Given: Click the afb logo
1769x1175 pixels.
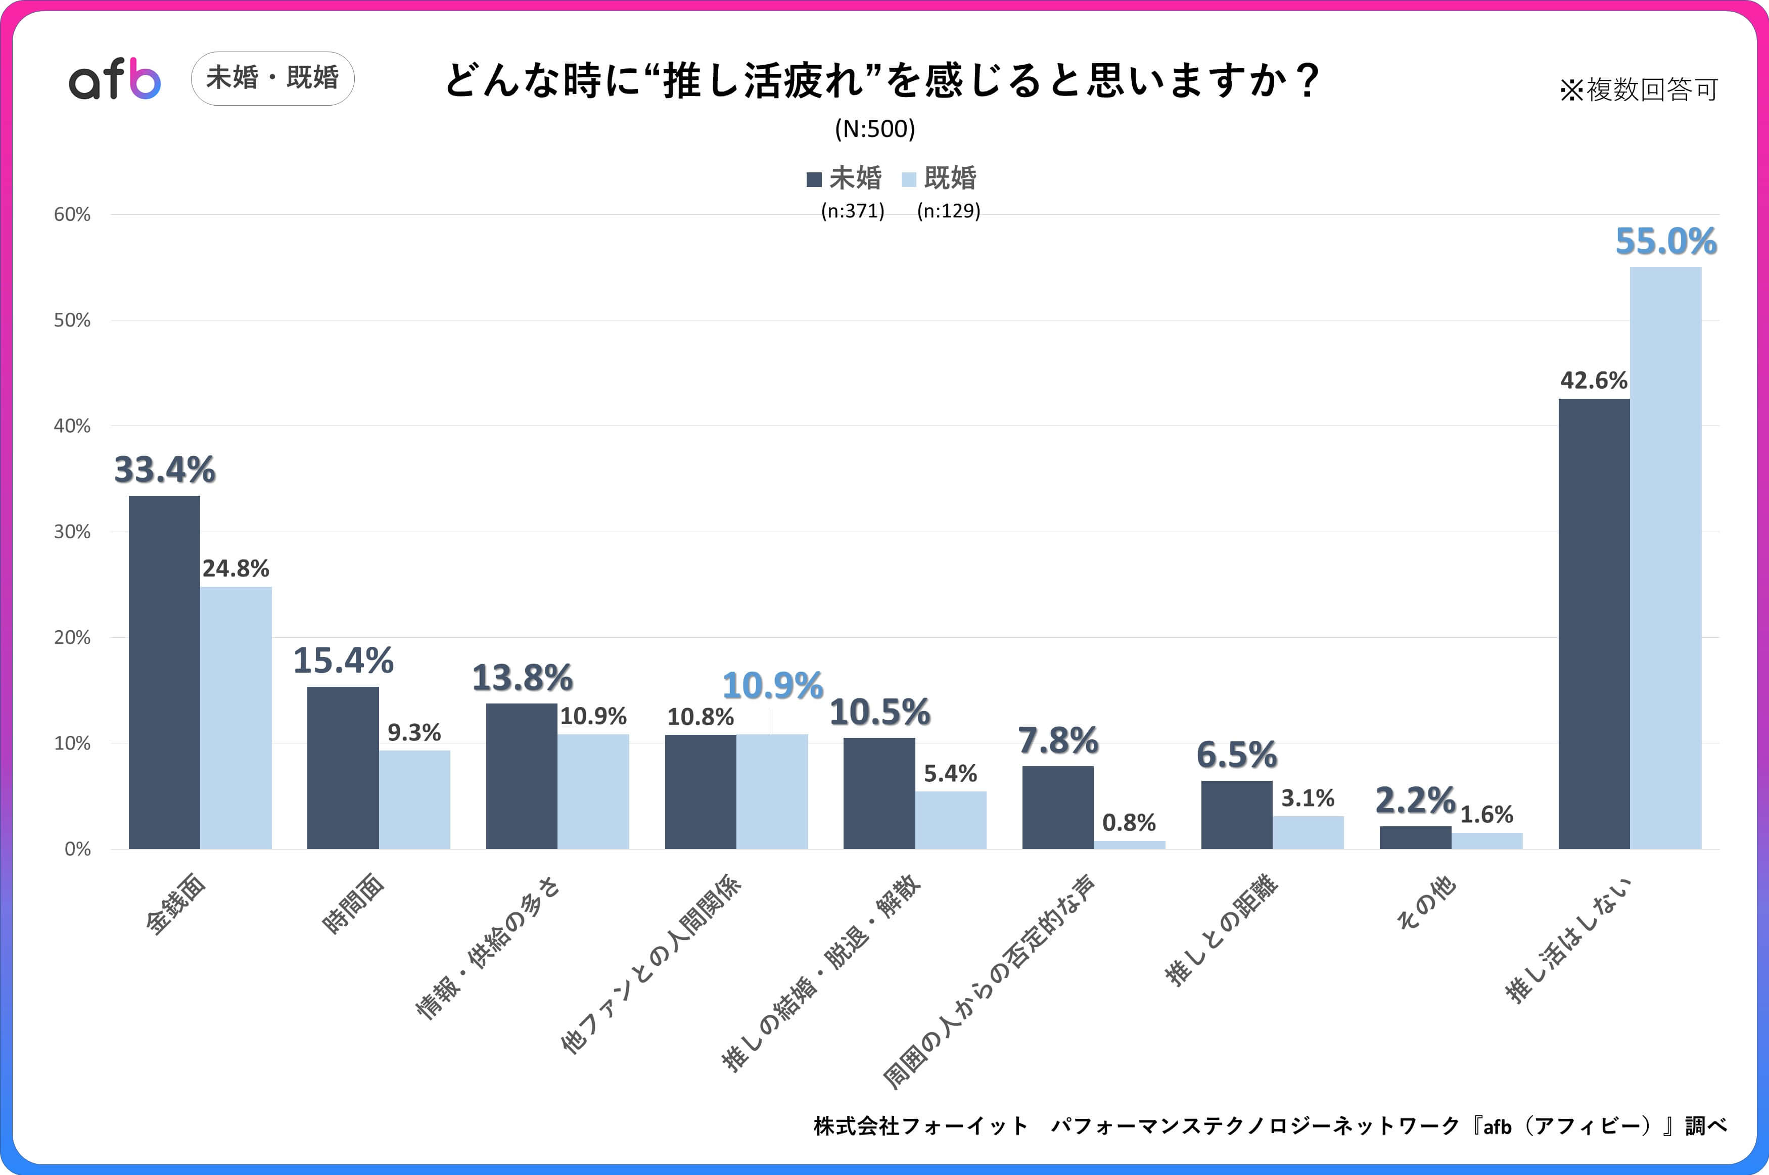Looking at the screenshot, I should click(115, 79).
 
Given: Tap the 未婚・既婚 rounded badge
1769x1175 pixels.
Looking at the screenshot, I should click(273, 78).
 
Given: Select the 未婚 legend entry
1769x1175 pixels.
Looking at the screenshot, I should click(845, 178).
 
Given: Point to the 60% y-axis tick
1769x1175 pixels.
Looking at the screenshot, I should click(72, 215).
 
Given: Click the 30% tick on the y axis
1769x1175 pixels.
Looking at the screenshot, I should click(72, 532).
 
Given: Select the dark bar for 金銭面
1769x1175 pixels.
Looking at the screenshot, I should click(164, 672).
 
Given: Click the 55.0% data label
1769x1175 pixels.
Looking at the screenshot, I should click(1665, 241).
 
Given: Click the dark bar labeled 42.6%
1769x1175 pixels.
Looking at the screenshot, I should click(1594, 624).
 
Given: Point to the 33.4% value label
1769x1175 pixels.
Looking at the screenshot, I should click(164, 470).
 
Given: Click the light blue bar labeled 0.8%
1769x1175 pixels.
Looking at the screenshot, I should click(1129, 844).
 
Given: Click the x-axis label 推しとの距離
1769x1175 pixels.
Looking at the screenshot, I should click(1221, 929).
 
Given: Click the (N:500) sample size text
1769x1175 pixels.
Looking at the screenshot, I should click(874, 129).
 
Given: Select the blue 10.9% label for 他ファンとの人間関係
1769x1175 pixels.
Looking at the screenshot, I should click(772, 686).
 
